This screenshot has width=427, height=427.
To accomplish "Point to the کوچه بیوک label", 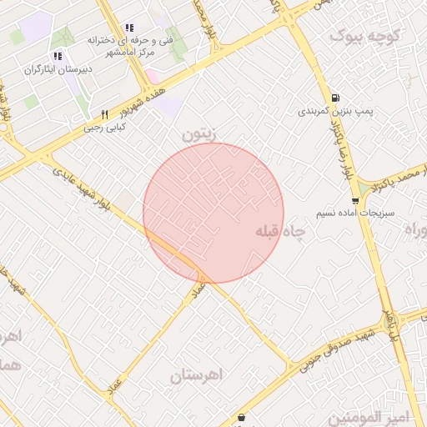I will click(366, 35).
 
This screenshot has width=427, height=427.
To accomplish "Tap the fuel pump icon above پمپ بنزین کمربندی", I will click(335, 97).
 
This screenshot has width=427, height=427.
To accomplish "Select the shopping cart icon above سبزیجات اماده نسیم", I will click(356, 201).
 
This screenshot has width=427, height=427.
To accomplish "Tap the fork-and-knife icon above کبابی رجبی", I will click(104, 114).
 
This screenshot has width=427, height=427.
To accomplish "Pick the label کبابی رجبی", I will click(104, 128).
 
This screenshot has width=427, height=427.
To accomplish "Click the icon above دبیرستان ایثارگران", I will click(57, 56).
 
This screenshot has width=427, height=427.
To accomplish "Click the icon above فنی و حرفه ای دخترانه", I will click(128, 28).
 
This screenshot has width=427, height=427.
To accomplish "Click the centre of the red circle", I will click(213, 213).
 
